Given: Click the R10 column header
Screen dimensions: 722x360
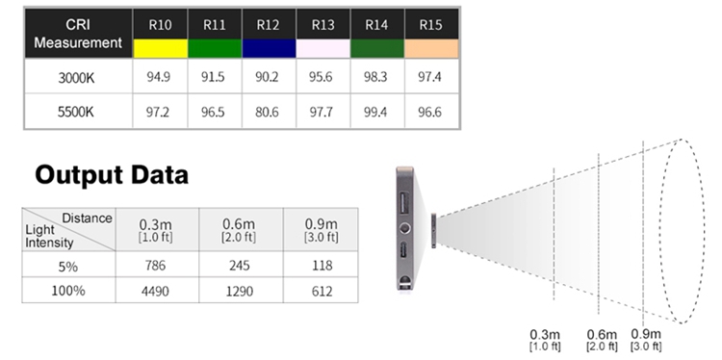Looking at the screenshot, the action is coord(160,25).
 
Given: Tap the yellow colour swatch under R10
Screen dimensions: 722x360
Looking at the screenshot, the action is coord(160,48).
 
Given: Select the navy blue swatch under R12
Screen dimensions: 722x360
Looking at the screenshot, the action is coord(269,48).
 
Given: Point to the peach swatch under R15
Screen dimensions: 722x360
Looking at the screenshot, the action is coord(431,48).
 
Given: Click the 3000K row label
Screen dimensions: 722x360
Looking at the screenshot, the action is coord(76,77).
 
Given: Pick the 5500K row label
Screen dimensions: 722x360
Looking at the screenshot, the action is coord(76,112).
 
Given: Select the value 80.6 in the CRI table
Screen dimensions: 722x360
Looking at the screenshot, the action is coord(267,112).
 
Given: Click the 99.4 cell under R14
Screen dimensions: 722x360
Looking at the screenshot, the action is coord(375,112).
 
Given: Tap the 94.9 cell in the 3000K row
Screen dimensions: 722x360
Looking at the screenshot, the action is coord(159,77).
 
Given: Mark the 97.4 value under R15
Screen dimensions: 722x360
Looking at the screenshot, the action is coord(429,77).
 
